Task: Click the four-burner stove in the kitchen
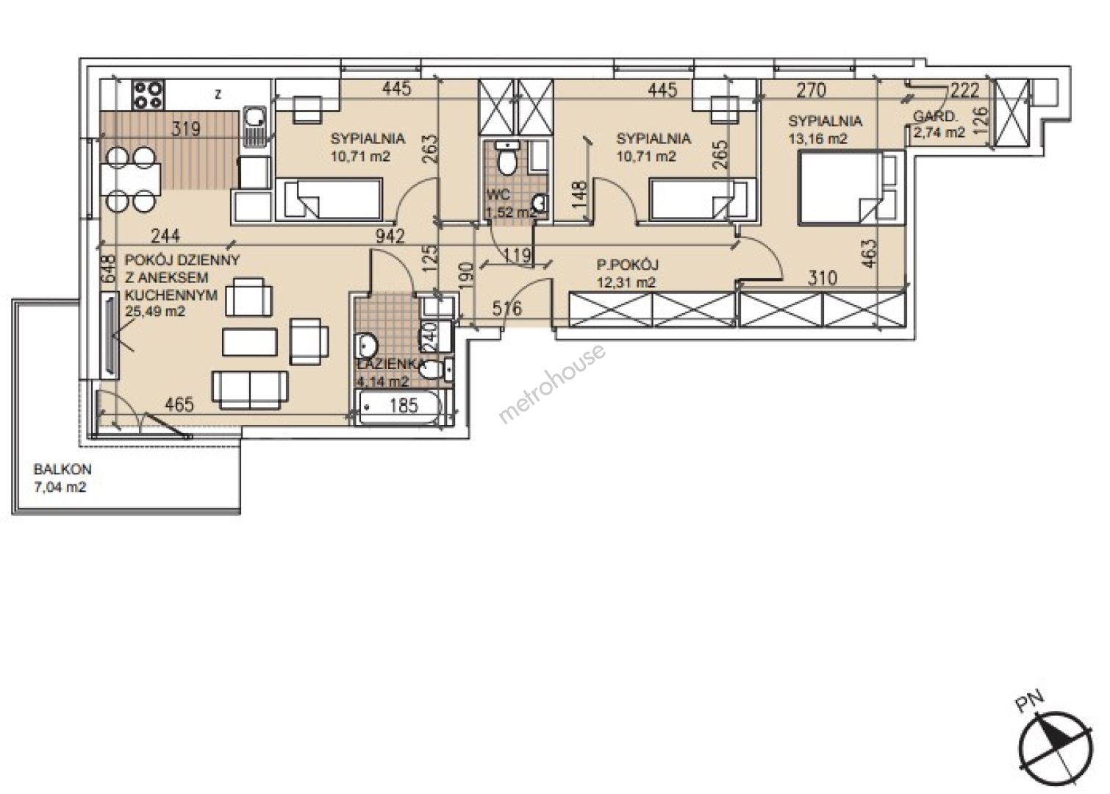pyautogui.click(x=148, y=95)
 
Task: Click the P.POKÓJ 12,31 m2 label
pyautogui.click(x=627, y=273)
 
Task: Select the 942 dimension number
pyautogui.click(x=390, y=237)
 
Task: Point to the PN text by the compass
pyautogui.click(x=1029, y=702)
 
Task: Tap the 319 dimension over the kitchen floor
pyautogui.click(x=186, y=129)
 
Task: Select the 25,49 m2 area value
pyautogui.click(x=155, y=312)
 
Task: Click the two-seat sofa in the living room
pyautogui.click(x=250, y=390)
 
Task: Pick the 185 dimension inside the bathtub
pyautogui.click(x=404, y=405)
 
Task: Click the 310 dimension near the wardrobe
pyautogui.click(x=822, y=278)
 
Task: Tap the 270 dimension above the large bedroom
pyautogui.click(x=812, y=90)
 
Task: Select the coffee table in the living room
pyautogui.click(x=250, y=342)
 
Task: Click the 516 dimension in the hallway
pyautogui.click(x=507, y=308)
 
